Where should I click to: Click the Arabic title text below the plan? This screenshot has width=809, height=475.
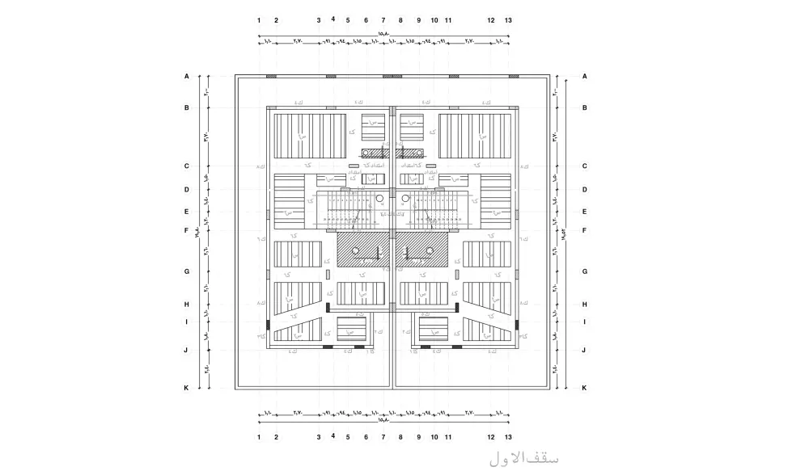pos(524,457)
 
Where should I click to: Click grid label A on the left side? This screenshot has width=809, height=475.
pos(186,77)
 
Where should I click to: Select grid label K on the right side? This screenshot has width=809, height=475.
pos(585,388)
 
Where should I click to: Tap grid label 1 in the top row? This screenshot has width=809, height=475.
pos(259,20)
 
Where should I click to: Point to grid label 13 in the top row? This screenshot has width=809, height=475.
pos(508,20)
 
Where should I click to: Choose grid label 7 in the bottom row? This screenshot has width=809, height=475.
pos(383,437)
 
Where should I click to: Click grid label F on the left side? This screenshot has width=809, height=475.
pos(186,230)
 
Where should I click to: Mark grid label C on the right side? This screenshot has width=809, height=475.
pos(585,166)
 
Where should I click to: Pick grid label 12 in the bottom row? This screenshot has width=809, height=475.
pos(491,437)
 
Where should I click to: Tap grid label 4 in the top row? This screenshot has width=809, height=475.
pos(332,19)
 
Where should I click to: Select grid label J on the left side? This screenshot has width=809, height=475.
pos(186,350)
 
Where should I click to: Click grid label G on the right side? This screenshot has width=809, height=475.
pos(585,271)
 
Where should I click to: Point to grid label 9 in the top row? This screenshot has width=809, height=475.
pos(418,20)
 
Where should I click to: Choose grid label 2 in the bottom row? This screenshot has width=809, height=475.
pos(276,437)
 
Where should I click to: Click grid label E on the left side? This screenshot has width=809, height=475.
pos(186,212)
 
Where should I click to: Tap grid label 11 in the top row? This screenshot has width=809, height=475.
pos(447,20)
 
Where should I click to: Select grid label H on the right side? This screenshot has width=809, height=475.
pos(585,305)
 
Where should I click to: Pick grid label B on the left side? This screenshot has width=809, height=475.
pos(186,107)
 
